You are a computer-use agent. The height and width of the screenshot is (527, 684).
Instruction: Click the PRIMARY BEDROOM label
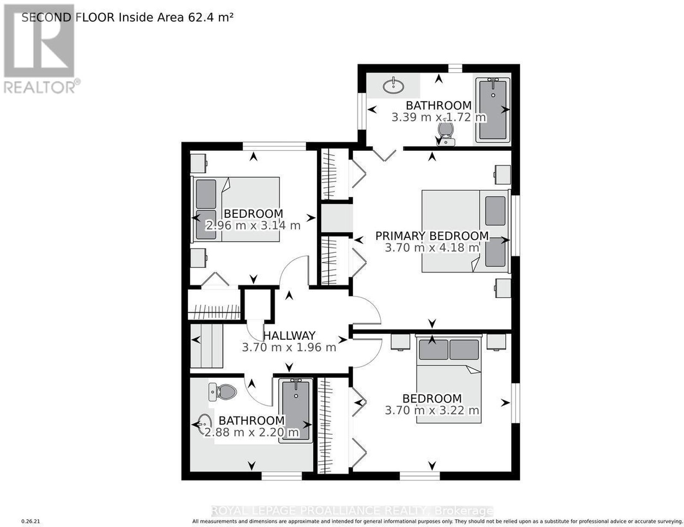432,236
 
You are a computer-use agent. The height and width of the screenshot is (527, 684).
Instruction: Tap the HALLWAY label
289,336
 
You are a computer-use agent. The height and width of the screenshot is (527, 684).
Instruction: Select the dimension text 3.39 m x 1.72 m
439,118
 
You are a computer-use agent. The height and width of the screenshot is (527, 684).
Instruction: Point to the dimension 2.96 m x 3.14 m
253,226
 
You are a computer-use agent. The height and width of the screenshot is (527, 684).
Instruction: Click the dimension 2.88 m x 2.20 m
251,432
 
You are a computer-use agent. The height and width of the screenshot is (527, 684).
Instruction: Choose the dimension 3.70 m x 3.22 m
432,410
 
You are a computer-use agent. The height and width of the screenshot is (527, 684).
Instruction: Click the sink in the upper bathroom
393,86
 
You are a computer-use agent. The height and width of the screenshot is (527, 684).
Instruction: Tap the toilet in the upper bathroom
445,133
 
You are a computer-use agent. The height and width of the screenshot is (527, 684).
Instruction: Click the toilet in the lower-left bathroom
223,392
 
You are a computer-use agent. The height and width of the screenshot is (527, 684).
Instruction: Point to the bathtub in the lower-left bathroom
295,410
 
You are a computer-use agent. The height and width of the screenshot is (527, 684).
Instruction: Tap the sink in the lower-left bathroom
205,424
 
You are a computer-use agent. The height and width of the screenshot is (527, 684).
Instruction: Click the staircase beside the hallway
206,345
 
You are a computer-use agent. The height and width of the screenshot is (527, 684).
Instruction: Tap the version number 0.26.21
30,521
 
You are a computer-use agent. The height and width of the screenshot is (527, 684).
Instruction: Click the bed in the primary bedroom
465,231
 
